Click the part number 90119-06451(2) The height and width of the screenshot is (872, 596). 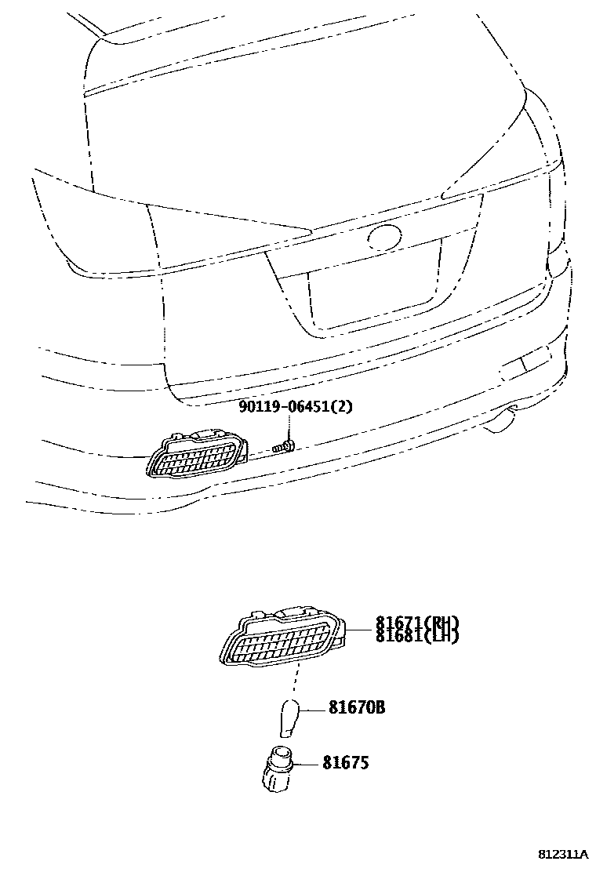296,407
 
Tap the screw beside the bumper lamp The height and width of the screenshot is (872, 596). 283,448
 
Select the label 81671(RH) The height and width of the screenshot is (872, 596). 416,623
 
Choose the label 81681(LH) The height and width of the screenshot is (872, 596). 416,636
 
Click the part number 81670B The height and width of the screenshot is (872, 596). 356,708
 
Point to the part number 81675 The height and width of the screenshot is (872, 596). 345,762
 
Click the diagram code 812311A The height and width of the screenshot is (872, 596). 562,853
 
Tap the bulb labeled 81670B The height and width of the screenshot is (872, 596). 289,714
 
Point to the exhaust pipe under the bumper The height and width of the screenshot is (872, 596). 500,423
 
